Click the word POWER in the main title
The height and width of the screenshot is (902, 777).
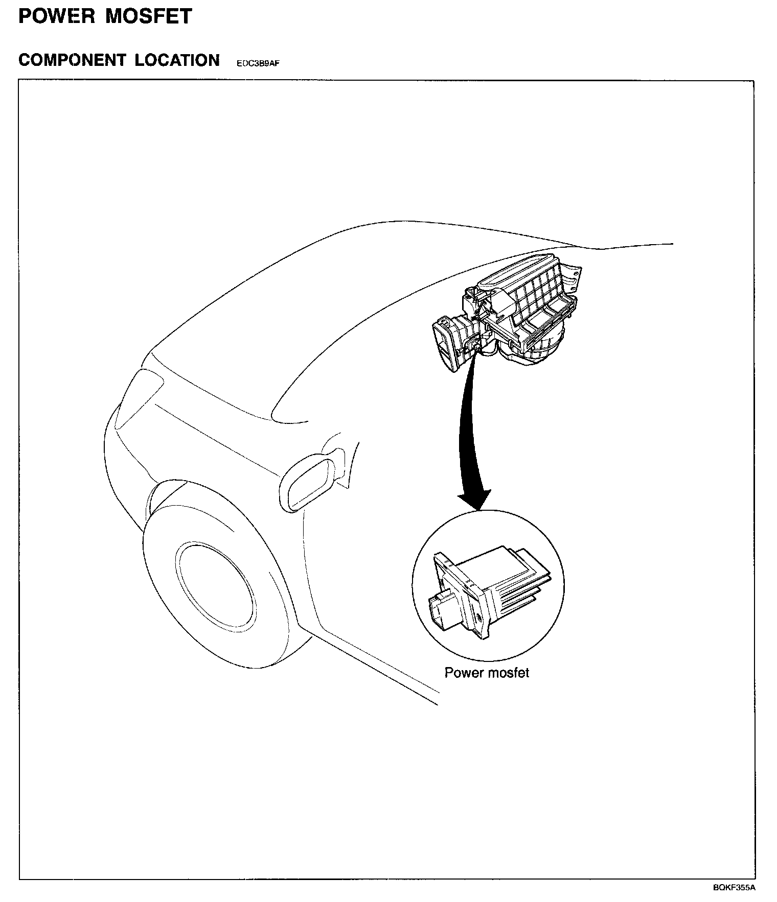click(56, 16)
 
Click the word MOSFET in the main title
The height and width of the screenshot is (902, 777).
click(148, 16)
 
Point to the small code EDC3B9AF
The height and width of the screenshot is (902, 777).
click(258, 64)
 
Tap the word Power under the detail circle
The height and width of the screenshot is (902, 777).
click(464, 673)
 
